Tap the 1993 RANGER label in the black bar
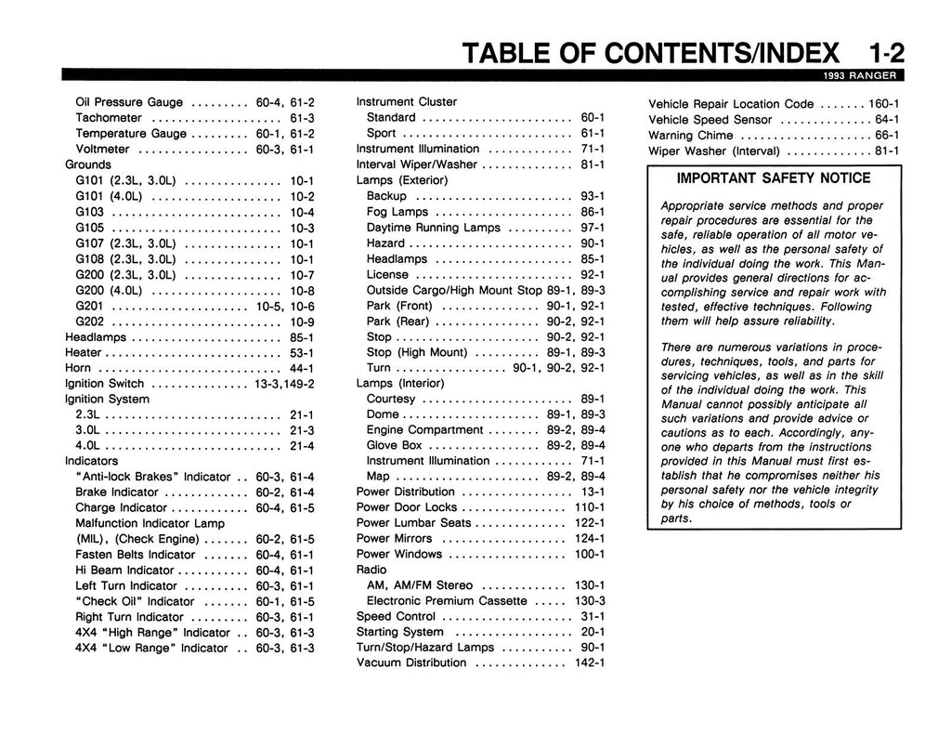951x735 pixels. pyautogui.click(x=857, y=76)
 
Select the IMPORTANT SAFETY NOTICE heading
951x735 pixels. pyautogui.click(x=773, y=178)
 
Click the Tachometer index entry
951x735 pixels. pyautogui.click(x=109, y=118)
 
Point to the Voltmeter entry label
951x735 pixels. pyautogui.click(x=102, y=149)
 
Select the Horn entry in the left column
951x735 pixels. pyautogui.click(x=78, y=368)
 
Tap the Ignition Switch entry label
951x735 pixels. pyautogui.click(x=104, y=384)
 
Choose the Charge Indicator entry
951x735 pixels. pyautogui.click(x=121, y=508)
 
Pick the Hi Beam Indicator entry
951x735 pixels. pyautogui.click(x=124, y=571)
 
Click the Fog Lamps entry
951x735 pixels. pyautogui.click(x=397, y=212)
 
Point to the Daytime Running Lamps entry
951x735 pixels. pyautogui.click(x=434, y=228)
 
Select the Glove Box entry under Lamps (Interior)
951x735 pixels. pyautogui.click(x=394, y=445)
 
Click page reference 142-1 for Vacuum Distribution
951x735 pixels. pyautogui.click(x=590, y=663)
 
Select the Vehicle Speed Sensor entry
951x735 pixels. pyautogui.click(x=710, y=120)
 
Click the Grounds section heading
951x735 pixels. pyautogui.click(x=88, y=164)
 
